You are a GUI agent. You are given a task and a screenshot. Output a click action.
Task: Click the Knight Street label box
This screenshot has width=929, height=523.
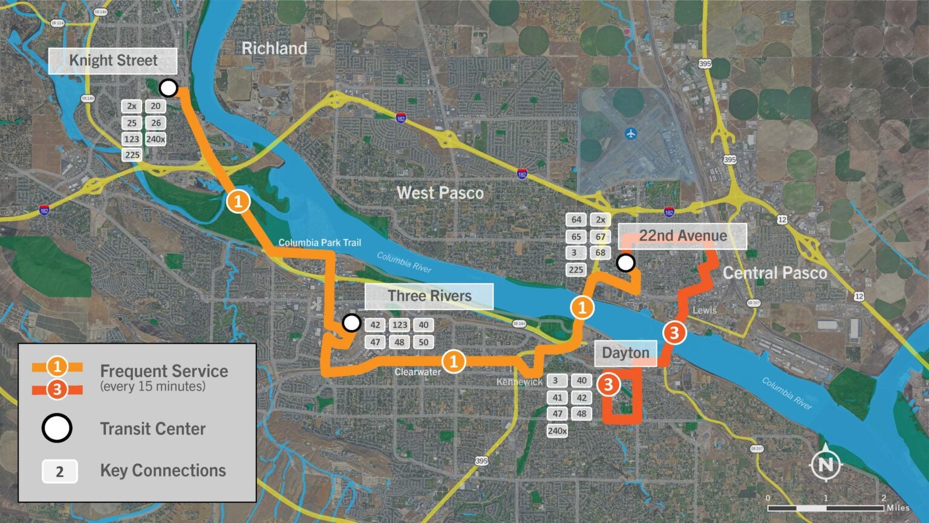[112, 61]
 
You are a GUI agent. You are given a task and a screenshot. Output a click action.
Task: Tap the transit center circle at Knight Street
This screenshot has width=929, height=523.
[168, 88]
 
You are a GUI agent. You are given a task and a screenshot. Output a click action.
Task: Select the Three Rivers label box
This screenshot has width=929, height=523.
[429, 296]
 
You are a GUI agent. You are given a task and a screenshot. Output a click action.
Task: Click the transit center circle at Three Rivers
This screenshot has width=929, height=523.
[351, 323]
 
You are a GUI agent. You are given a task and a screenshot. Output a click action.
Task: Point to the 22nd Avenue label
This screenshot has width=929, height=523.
[682, 236]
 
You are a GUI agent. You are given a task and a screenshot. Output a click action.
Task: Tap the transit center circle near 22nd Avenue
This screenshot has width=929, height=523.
[626, 263]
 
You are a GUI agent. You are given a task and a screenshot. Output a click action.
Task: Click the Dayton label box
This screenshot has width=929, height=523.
[625, 353]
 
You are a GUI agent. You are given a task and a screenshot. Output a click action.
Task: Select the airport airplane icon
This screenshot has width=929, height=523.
[632, 133]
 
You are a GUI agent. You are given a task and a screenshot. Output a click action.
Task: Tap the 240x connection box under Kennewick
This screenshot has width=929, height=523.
[557, 431]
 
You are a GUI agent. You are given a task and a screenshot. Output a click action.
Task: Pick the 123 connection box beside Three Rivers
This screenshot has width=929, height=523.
[400, 325]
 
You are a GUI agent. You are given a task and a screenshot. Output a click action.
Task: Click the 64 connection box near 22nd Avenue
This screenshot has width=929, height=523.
[576, 220]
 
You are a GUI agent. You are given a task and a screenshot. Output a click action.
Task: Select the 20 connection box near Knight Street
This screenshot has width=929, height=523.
[155, 107]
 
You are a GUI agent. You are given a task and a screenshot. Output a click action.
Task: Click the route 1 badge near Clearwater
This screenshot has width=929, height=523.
[454, 361]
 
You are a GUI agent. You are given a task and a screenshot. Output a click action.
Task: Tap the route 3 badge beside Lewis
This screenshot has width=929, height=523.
[674, 332]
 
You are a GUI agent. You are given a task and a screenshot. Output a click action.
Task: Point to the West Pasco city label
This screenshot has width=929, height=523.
[440, 193]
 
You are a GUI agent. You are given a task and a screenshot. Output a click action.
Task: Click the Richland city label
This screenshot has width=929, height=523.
[274, 48]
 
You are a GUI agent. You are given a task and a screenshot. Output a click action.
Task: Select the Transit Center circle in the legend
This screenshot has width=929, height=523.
[57, 429]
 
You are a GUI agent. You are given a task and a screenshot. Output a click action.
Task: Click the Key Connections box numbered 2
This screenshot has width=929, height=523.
[59, 472]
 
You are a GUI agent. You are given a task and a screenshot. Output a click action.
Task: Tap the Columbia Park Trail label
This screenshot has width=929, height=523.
[319, 243]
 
